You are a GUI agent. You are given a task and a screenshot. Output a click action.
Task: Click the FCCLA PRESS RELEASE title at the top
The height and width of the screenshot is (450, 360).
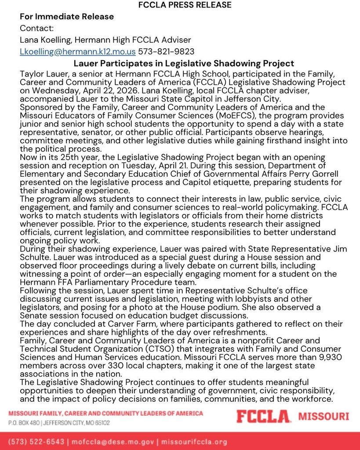pos(185,5)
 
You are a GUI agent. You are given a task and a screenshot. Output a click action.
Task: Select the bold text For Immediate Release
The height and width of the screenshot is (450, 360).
pos(67,17)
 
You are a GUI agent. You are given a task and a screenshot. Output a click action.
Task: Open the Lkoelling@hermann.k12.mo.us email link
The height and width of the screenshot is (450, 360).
pos(78,51)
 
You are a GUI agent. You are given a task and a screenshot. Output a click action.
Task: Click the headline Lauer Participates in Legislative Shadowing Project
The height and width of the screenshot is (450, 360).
pos(184,64)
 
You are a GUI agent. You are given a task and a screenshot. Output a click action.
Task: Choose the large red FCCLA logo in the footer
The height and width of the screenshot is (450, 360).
pos(263,417)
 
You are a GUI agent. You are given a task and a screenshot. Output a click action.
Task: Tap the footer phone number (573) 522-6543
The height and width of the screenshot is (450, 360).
pos(36,441)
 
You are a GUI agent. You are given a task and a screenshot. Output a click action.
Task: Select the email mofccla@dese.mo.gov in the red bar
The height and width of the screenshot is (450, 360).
pos(113,441)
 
